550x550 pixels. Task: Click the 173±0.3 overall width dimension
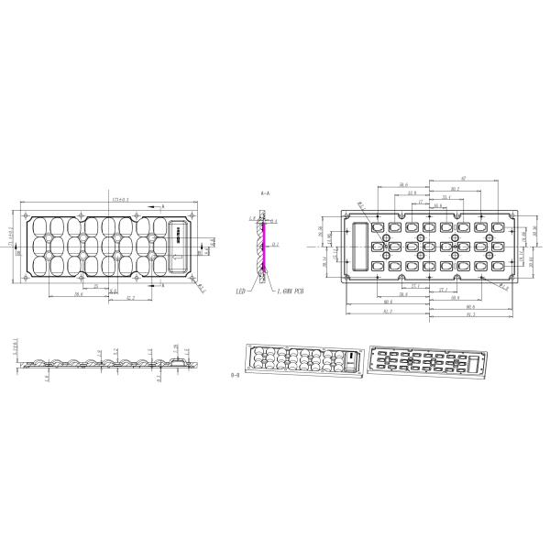tap(120, 198)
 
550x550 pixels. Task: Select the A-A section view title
tap(266, 195)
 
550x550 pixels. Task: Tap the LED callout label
tap(241, 291)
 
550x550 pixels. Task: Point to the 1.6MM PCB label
tap(291, 291)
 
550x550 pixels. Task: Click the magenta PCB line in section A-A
tap(262, 247)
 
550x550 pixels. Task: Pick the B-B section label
tap(236, 375)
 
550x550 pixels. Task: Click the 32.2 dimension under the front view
tap(130, 298)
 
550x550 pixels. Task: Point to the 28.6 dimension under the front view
tap(80, 294)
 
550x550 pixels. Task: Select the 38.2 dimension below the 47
tap(455, 189)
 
